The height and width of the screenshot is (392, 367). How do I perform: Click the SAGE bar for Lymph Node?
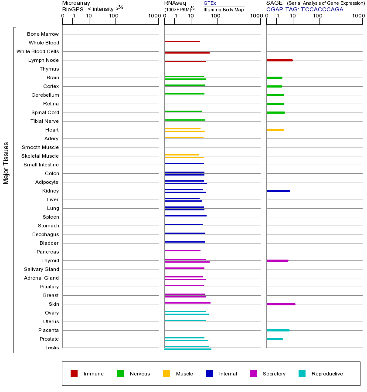point(279,60)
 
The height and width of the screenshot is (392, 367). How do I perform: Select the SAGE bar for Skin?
point(281,304)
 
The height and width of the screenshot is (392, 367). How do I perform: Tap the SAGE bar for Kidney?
point(278,191)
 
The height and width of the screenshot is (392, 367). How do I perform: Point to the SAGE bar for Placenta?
point(278,330)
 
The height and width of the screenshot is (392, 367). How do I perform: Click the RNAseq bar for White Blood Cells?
point(187,53)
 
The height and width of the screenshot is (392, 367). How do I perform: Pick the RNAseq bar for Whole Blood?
point(182,41)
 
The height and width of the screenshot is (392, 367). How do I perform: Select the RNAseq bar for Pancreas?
point(182,250)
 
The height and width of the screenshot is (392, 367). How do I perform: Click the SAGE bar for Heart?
point(275,130)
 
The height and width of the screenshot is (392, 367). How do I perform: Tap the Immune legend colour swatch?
point(74,374)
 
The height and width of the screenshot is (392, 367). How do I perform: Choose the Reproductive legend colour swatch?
point(302,374)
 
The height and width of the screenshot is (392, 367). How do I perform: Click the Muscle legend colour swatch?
point(167,374)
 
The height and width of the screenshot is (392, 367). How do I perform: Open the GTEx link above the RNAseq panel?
point(210,3)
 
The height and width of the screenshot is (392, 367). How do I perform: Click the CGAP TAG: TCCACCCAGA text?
point(305,9)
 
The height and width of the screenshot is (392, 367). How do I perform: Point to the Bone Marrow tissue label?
point(43,34)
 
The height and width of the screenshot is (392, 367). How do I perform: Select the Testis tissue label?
point(52,348)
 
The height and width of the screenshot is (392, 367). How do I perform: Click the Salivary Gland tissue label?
point(41,269)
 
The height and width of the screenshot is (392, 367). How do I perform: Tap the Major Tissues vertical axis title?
point(6,163)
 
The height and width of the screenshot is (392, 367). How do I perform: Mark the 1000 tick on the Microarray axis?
point(154,16)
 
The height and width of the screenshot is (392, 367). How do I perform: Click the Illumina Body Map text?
point(224,10)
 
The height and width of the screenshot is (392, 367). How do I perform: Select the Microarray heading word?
point(76,3)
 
